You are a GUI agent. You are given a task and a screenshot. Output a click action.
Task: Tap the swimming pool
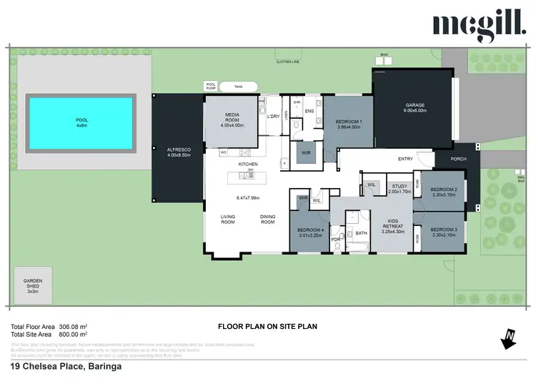(x=80, y=122)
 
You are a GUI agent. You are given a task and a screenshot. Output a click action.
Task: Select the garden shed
(x=34, y=286)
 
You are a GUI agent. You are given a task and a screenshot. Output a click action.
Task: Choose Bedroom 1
(x=349, y=123)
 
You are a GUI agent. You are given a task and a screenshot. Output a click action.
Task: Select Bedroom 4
(x=311, y=231)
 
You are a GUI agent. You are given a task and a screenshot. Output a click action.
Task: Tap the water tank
(x=238, y=87)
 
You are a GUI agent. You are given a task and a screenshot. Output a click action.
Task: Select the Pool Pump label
(x=211, y=86)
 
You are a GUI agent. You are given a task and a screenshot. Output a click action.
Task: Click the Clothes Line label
(x=288, y=62)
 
